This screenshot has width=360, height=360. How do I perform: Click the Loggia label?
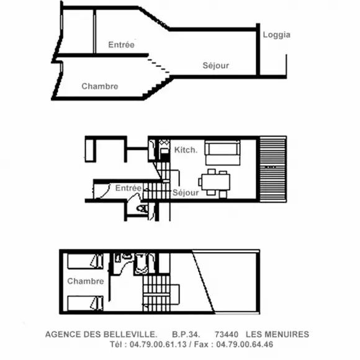click(276, 35)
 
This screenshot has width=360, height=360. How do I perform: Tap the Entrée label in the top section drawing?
click(121, 45)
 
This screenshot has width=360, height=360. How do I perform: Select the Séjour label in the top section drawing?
click(216, 66)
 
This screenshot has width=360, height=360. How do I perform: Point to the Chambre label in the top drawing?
click(100, 86)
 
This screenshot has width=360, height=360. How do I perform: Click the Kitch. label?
click(186, 150)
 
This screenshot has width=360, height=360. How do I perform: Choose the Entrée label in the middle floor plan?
click(128, 188)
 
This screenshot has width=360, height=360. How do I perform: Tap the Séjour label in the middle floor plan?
click(186, 192)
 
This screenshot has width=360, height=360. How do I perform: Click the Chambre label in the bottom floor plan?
click(86, 281)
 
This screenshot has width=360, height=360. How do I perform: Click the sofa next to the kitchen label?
click(222, 153)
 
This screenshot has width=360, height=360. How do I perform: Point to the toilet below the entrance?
click(142, 209)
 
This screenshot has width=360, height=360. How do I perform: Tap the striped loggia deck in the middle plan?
click(273, 169)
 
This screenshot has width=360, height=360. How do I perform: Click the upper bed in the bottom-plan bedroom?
click(85, 261)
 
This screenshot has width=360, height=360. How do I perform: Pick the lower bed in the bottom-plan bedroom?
click(85, 303)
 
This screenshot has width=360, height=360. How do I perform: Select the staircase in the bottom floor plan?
click(156, 294)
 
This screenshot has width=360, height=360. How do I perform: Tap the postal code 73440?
click(227, 335)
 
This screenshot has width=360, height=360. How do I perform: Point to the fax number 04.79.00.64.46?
click(245, 344)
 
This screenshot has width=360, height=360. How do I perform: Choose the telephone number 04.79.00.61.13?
click(158, 344)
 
